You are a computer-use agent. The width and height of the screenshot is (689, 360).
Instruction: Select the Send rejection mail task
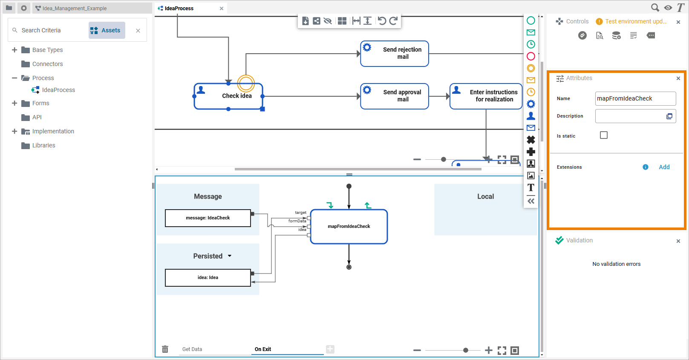coord(395,54)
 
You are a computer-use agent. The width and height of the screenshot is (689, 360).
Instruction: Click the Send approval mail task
coord(395,96)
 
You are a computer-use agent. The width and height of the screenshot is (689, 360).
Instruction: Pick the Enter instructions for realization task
coord(486,96)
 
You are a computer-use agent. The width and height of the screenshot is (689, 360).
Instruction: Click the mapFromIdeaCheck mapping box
coord(349,227)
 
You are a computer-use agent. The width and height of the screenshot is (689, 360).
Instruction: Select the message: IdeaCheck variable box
coord(208,218)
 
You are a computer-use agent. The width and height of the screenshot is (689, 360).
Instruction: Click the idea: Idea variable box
coord(208,278)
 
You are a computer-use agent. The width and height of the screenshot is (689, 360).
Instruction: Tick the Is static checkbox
coord(604,135)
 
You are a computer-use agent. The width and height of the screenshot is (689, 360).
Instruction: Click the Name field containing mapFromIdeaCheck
coord(635,98)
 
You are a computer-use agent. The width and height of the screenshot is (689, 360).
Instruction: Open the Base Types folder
coord(47,50)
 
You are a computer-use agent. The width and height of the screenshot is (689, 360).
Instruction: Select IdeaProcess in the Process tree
coord(58,90)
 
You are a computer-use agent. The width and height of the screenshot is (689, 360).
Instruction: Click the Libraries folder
coord(43,145)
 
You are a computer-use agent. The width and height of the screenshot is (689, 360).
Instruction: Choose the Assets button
coord(107,30)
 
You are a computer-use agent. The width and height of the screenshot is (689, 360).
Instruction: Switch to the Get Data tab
coord(192,349)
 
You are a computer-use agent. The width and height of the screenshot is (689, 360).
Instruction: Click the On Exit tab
coord(263,349)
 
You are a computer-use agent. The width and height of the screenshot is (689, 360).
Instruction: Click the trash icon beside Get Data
coord(165,349)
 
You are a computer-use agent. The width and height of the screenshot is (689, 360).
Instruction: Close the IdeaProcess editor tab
coord(222,9)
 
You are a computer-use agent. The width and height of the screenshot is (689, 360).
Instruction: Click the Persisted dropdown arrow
coord(230,256)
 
